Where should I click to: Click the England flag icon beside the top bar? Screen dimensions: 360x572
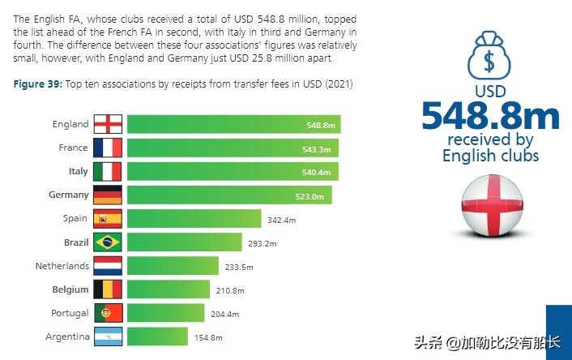tap(108, 124)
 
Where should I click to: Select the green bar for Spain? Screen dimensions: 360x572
tap(194, 219)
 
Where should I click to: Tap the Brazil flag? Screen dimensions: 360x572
tap(108, 242)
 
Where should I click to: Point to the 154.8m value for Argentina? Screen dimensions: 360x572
tap(208, 337)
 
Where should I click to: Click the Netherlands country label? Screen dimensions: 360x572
tap(62, 266)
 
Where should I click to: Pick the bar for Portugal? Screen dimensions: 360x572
tap(165, 313)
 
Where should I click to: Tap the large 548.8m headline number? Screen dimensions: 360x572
tap(489, 115)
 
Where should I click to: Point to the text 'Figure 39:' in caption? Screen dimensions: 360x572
tap(38, 84)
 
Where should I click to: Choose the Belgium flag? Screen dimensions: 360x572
tap(108, 289)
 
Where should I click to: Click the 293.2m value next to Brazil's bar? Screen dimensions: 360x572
tap(262, 243)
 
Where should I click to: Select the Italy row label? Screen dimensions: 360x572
tap(78, 172)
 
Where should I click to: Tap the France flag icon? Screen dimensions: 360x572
tap(108, 148)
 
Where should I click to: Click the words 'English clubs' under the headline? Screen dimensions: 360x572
tap(489, 156)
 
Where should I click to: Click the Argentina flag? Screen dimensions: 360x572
tap(108, 336)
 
